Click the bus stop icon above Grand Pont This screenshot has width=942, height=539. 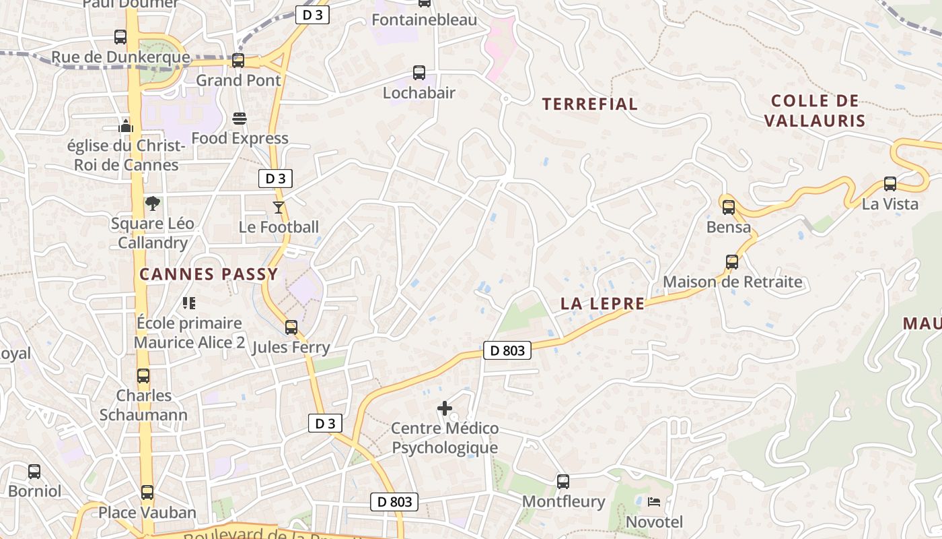pos(238,61)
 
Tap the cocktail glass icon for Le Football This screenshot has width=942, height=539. pos(279,207)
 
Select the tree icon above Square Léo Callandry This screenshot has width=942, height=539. pos(153,203)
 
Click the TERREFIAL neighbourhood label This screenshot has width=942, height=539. pos(590,104)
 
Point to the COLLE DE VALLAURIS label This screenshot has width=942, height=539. pos(815,111)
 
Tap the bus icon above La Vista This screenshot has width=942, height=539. pos(890,183)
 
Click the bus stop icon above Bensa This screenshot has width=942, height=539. pos(729,207)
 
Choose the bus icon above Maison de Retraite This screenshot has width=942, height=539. pos(732,262)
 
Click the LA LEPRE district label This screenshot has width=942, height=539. pos(603,304)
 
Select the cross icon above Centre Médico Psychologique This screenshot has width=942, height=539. pos(445,408)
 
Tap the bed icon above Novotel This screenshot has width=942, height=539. pos(654,502)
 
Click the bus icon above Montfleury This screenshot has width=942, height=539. pos(563,482)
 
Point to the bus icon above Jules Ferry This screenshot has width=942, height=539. pos(291,327)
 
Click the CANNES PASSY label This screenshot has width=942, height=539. pos(209,274)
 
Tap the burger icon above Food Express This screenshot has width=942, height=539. pos(240,119)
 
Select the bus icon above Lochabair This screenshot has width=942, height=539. pos(419,73)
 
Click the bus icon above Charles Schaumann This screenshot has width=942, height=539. pos(143,375)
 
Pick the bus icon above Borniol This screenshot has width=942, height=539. pos(34,471)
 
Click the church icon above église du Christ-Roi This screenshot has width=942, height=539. pos(126,125)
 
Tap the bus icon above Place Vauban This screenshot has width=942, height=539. pos(147,493)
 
